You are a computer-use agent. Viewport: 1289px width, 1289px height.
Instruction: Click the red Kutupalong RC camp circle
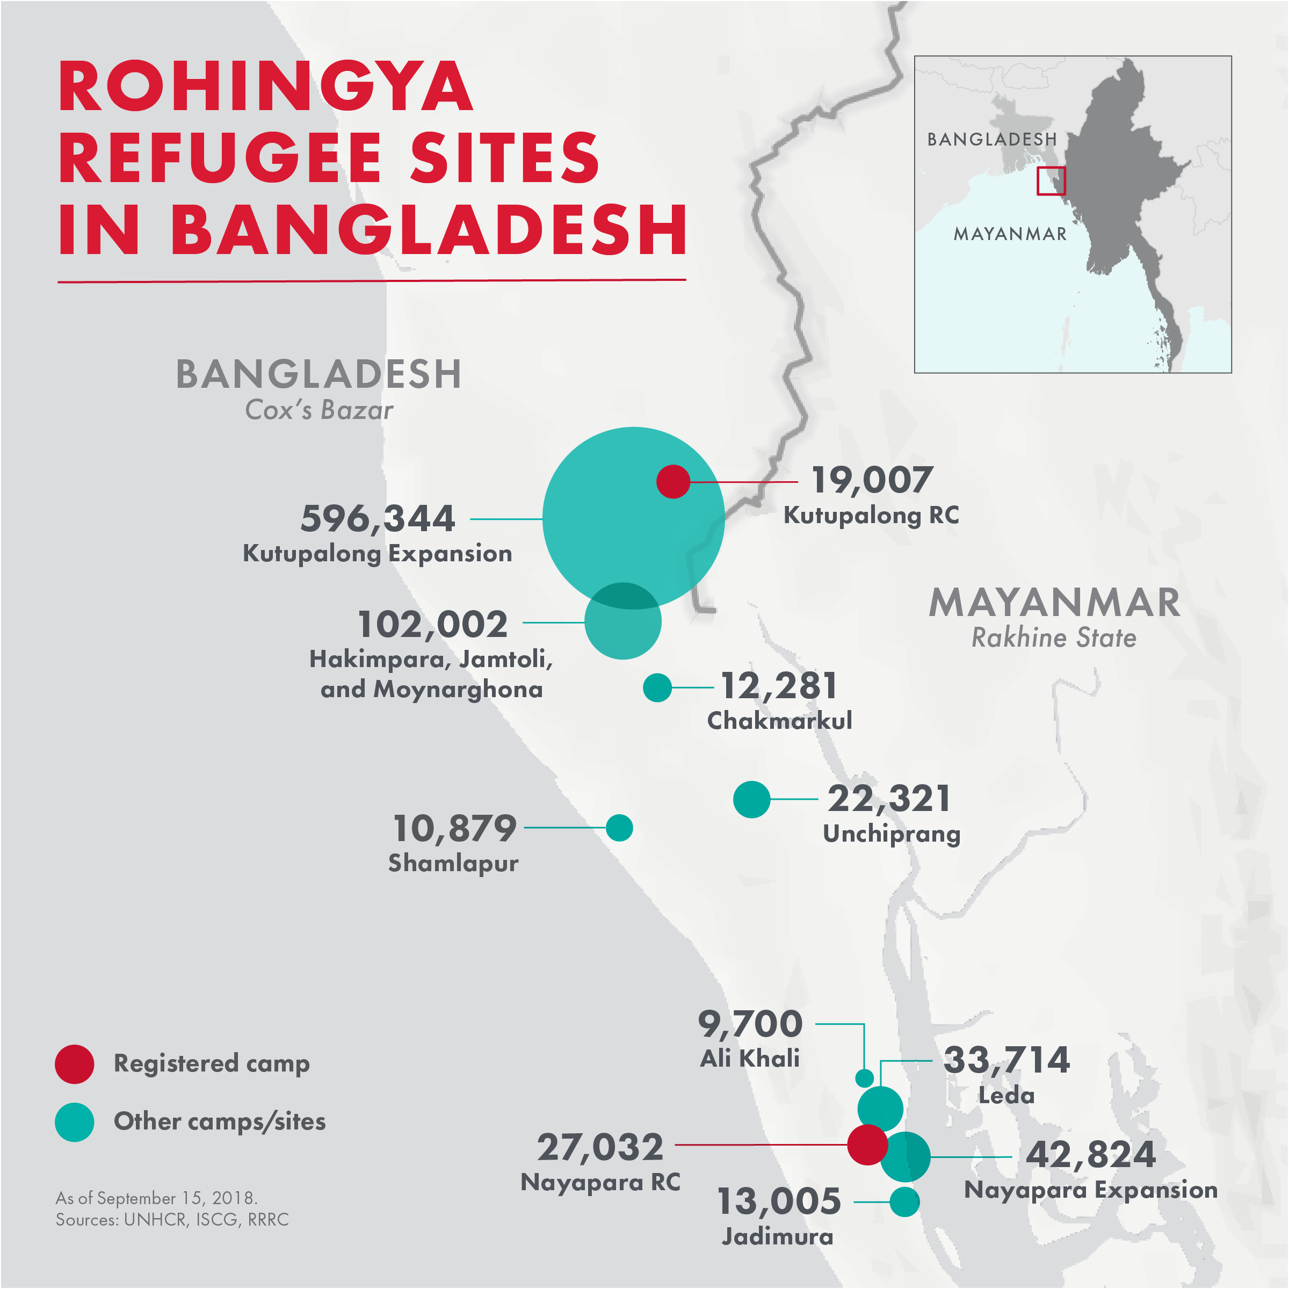(672, 482)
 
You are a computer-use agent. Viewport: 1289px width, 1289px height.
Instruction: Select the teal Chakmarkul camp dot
(657, 687)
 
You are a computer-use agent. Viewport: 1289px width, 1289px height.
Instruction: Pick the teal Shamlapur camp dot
(619, 828)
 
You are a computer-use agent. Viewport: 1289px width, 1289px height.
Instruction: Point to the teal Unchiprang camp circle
(751, 799)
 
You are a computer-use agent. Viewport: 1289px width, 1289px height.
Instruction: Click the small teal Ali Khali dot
(864, 1077)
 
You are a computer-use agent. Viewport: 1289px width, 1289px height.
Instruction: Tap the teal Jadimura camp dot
(904, 1201)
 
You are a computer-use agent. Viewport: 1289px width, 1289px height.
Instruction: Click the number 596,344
(378, 519)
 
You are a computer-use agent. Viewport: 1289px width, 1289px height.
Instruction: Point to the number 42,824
(1091, 1155)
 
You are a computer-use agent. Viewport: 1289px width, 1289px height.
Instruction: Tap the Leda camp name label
(1006, 1096)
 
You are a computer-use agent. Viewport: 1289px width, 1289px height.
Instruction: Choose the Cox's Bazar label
(319, 410)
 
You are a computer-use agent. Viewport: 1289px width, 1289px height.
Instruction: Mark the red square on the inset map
(1051, 181)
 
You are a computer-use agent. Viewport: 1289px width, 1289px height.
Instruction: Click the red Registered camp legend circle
(75, 1064)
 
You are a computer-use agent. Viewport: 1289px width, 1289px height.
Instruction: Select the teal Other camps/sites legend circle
(75, 1122)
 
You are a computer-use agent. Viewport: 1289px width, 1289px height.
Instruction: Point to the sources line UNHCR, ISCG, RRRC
(172, 1220)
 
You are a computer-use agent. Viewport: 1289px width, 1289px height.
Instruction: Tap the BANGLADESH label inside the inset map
(991, 140)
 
